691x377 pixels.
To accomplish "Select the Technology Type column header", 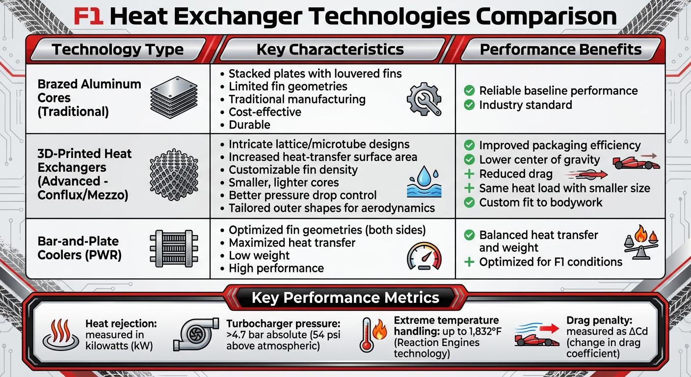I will pos(118,50).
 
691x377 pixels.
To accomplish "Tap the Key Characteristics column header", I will pos(330,50).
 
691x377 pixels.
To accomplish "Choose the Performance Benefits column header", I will pos(560,50).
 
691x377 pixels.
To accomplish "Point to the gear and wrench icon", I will pos(424,99).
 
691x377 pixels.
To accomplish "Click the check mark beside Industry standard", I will pos(469,105).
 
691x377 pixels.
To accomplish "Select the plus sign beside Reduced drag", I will pos(469,174).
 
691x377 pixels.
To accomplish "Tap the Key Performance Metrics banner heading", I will pos(345,298).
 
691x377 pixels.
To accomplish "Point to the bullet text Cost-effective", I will pos(265,112).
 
